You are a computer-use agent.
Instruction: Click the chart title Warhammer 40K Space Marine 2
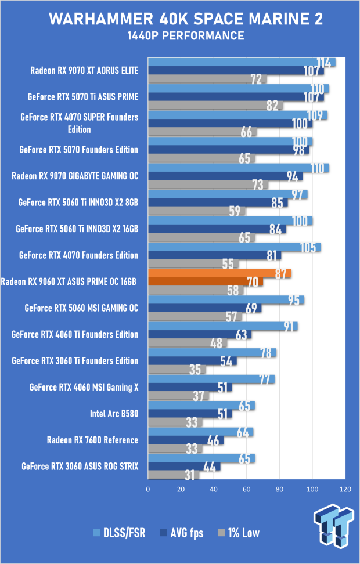tap(186, 19)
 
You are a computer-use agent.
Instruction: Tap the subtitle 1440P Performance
tap(186, 36)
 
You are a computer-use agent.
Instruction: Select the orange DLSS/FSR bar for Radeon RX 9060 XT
tap(219, 273)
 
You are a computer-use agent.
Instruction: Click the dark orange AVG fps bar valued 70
tap(206, 282)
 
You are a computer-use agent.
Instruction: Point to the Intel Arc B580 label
tap(114, 414)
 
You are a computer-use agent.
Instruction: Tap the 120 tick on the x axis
tap(346, 490)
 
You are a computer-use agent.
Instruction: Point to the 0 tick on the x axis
tap(149, 490)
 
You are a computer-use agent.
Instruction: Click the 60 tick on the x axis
tap(247, 490)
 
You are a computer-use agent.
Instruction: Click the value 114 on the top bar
tap(326, 63)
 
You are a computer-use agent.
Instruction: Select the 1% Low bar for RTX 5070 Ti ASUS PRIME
tap(215, 106)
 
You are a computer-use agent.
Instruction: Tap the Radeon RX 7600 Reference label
tap(93, 440)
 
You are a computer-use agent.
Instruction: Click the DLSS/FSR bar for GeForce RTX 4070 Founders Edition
tap(235, 247)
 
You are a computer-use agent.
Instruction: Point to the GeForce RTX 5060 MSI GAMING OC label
tap(81, 308)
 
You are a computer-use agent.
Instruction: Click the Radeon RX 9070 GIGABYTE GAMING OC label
tap(75, 176)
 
